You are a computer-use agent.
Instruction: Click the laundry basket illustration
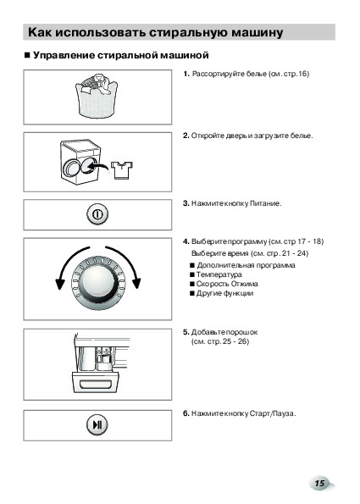97,97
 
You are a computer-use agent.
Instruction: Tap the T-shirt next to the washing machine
122,170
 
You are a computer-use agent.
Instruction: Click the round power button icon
97,214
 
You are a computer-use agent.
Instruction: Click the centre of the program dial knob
97,283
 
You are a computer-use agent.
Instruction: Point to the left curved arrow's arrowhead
60,283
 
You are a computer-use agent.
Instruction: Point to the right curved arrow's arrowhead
136,283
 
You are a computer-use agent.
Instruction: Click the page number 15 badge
320,483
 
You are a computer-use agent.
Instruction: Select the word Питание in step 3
265,203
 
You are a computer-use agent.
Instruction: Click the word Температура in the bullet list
219,274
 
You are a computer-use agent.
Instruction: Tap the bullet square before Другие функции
192,293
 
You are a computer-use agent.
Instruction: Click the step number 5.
186,332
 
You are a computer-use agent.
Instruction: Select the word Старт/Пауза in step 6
272,413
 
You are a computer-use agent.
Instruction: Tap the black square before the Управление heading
27,55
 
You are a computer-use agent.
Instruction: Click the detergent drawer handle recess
96,384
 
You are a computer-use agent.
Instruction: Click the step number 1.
186,74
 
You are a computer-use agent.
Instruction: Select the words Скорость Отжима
227,284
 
